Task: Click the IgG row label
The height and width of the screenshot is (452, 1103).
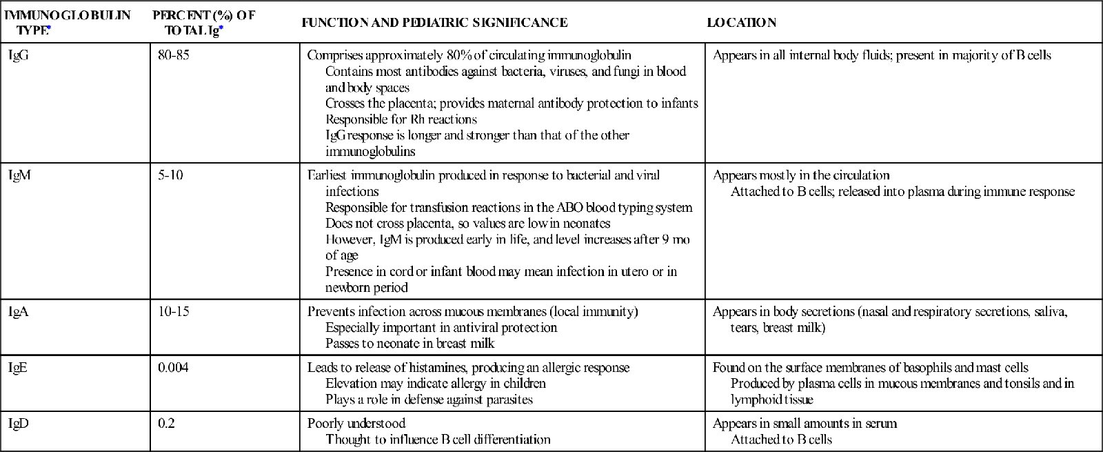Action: [x=19, y=56]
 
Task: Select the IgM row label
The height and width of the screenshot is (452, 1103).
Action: [x=19, y=175]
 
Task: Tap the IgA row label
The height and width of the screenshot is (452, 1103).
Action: [x=18, y=312]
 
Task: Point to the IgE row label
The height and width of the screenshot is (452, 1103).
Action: [x=18, y=368]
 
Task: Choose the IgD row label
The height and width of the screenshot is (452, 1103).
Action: [x=19, y=424]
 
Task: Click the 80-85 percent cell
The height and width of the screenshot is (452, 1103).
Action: [x=173, y=56]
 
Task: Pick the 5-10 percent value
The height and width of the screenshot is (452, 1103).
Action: [x=170, y=175]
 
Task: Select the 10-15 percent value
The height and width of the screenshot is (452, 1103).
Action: [x=173, y=312]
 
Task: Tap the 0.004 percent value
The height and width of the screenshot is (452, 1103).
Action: [x=173, y=368]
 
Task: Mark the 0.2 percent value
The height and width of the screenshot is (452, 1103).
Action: [x=166, y=424]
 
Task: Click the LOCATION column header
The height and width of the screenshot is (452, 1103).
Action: [x=741, y=23]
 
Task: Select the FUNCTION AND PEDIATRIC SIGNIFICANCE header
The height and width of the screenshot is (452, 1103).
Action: [x=434, y=23]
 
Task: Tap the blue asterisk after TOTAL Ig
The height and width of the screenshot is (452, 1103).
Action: [x=221, y=29]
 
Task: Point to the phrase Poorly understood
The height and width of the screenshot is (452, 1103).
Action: [x=356, y=424]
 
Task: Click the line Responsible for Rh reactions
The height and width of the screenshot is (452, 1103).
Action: [x=401, y=119]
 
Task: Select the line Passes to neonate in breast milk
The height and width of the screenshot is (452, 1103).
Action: [x=410, y=344]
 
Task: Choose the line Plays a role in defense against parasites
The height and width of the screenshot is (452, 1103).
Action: [x=429, y=400]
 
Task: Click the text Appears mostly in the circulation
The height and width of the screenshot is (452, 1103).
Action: [x=801, y=175]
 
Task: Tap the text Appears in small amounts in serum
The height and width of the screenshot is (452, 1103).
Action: [x=805, y=424]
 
